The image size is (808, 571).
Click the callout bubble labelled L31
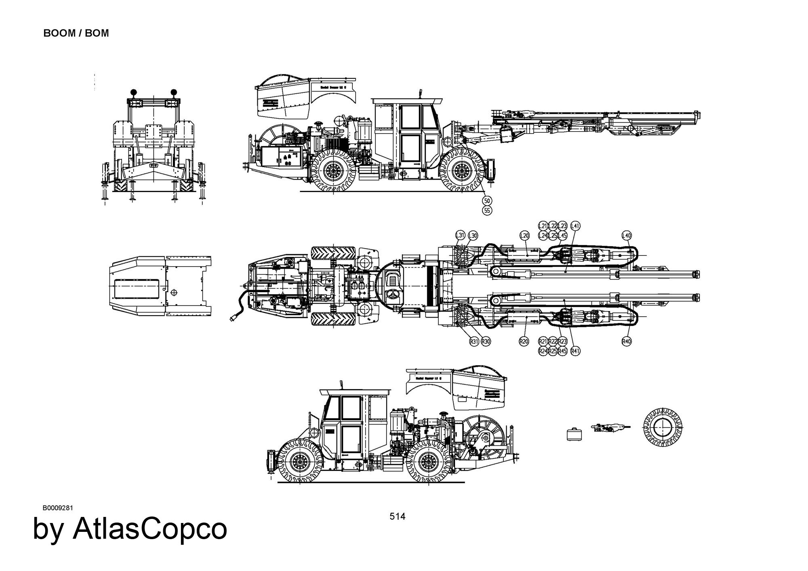tap(460, 235)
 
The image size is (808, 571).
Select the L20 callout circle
tap(524, 235)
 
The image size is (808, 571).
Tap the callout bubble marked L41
tap(575, 226)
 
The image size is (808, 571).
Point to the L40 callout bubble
tap(626, 235)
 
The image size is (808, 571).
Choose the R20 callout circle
tap(524, 341)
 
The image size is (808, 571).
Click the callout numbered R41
tap(575, 351)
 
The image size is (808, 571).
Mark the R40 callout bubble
tap(626, 341)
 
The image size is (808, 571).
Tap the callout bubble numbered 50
tap(487, 201)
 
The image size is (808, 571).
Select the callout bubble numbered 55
tap(487, 210)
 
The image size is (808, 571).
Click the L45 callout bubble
tap(563, 235)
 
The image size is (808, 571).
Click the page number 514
tap(397, 516)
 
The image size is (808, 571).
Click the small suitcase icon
tap(574, 434)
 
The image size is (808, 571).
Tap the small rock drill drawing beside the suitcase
tap(609, 427)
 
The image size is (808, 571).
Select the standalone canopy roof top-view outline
tap(161, 286)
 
